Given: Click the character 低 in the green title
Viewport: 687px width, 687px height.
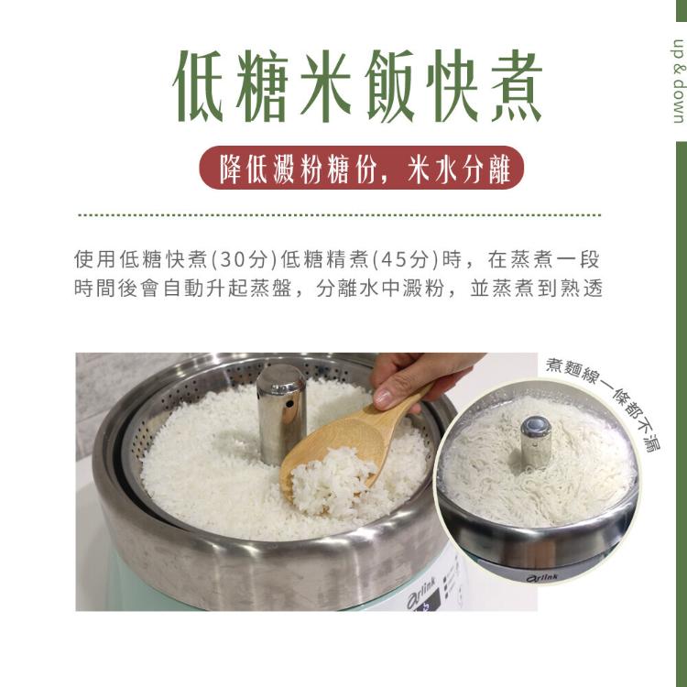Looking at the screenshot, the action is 198,86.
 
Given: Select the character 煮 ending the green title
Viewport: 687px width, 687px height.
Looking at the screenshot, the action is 517,86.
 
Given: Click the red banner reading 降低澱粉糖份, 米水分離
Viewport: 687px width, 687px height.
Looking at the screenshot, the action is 362,168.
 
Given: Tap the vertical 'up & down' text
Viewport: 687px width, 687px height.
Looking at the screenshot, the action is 678,82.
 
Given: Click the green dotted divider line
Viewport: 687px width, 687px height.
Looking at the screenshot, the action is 340,215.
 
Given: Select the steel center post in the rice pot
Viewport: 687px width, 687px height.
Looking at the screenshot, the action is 281,414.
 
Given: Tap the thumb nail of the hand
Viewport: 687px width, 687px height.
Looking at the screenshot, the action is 383,398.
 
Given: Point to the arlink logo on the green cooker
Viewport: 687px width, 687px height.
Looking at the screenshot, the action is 421,593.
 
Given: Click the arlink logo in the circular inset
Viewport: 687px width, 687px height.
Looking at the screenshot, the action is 542,578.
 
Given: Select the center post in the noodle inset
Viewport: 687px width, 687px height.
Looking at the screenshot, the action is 536,442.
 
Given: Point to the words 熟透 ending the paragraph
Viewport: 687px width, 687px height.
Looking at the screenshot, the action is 581,289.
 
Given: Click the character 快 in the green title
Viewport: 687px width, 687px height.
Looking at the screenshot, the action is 453,86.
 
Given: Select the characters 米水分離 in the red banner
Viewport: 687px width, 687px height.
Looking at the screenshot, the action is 458,169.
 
